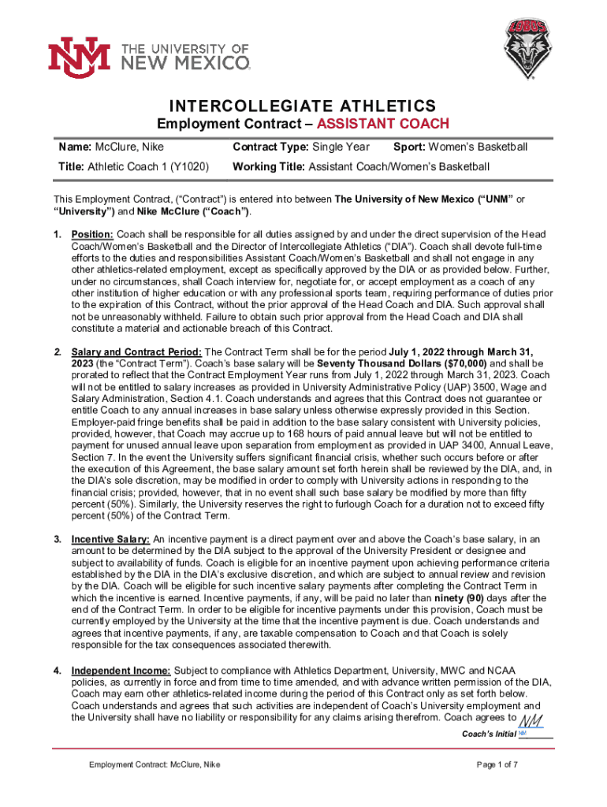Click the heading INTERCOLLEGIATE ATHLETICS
click(x=303, y=106)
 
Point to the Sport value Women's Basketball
click(x=482, y=147)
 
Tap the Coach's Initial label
click(x=489, y=734)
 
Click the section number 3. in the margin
click(x=57, y=538)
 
